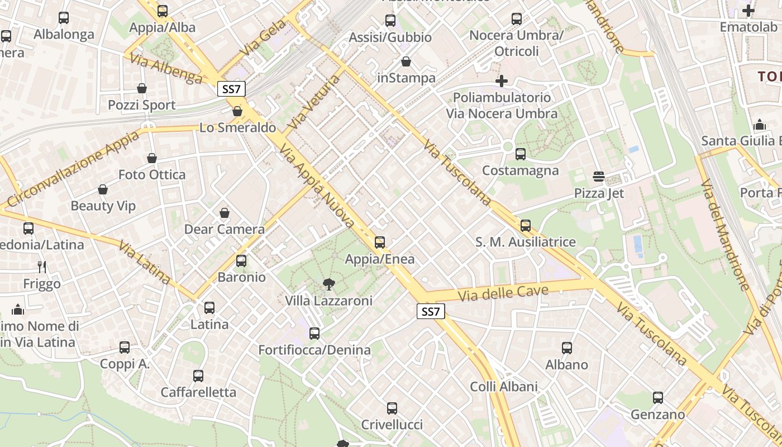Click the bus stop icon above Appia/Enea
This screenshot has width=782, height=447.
380,242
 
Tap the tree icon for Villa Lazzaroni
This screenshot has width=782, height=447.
329,284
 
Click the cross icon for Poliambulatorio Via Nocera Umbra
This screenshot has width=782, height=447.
502,81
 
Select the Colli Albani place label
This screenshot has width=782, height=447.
504,387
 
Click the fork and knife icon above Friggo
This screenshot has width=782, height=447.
41,267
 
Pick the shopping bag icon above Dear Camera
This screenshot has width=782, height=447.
225,213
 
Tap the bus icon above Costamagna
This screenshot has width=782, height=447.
521,154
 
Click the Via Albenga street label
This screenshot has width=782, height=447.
166,69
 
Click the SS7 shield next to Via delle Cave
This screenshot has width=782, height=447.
431,312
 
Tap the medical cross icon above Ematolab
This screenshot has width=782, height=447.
748,10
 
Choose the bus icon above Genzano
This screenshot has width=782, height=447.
658,398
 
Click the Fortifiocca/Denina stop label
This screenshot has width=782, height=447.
314,350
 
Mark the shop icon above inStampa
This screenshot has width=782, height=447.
406,61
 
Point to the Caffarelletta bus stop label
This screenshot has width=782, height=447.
198,392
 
